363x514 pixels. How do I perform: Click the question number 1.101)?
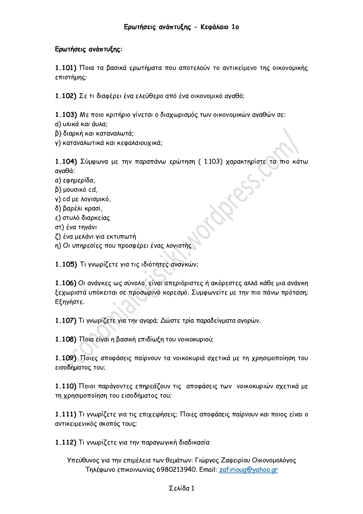[66, 68]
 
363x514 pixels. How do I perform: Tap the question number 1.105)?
[66, 264]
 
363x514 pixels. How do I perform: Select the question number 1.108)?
[66, 339]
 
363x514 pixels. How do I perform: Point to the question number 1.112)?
[66, 443]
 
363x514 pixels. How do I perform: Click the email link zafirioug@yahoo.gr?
[248, 469]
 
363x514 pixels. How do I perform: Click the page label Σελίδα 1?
[182, 488]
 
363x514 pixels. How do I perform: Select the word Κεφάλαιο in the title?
[214, 27]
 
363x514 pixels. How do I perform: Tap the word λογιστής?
[179, 246]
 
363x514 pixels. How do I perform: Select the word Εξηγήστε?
[70, 302]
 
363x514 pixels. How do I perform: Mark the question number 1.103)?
[66, 115]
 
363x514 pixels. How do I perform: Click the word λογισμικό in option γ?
[96, 199]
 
